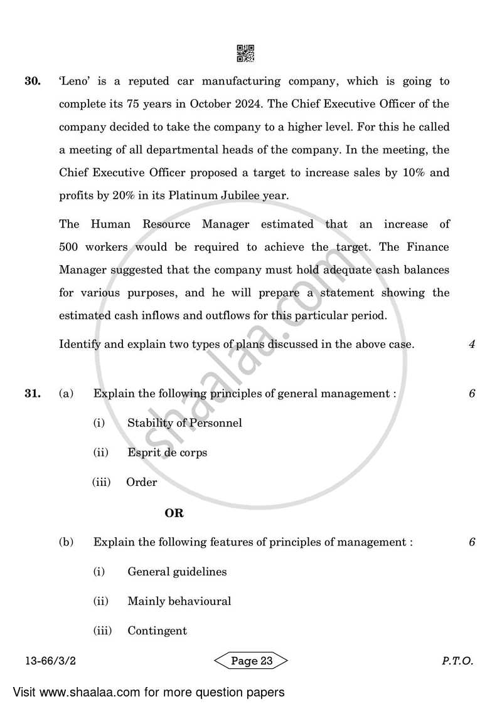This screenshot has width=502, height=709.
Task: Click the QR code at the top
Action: click(x=245, y=53)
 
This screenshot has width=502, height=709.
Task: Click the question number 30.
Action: click(x=33, y=81)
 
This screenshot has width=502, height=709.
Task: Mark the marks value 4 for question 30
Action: click(x=471, y=344)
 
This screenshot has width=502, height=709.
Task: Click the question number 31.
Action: click(x=33, y=394)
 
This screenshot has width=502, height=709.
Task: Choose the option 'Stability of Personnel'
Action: click(x=184, y=423)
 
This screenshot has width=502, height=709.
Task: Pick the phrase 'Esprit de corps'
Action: click(x=167, y=452)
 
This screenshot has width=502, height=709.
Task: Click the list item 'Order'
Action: click(x=141, y=482)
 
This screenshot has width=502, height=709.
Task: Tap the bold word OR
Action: click(x=174, y=513)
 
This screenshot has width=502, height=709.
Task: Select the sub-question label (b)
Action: click(x=66, y=542)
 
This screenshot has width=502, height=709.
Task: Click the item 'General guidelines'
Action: click(x=177, y=571)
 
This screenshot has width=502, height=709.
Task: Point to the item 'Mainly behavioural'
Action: click(x=179, y=601)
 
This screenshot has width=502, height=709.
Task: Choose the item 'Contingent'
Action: click(x=157, y=631)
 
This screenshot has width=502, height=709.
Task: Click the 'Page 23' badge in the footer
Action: click(x=251, y=660)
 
